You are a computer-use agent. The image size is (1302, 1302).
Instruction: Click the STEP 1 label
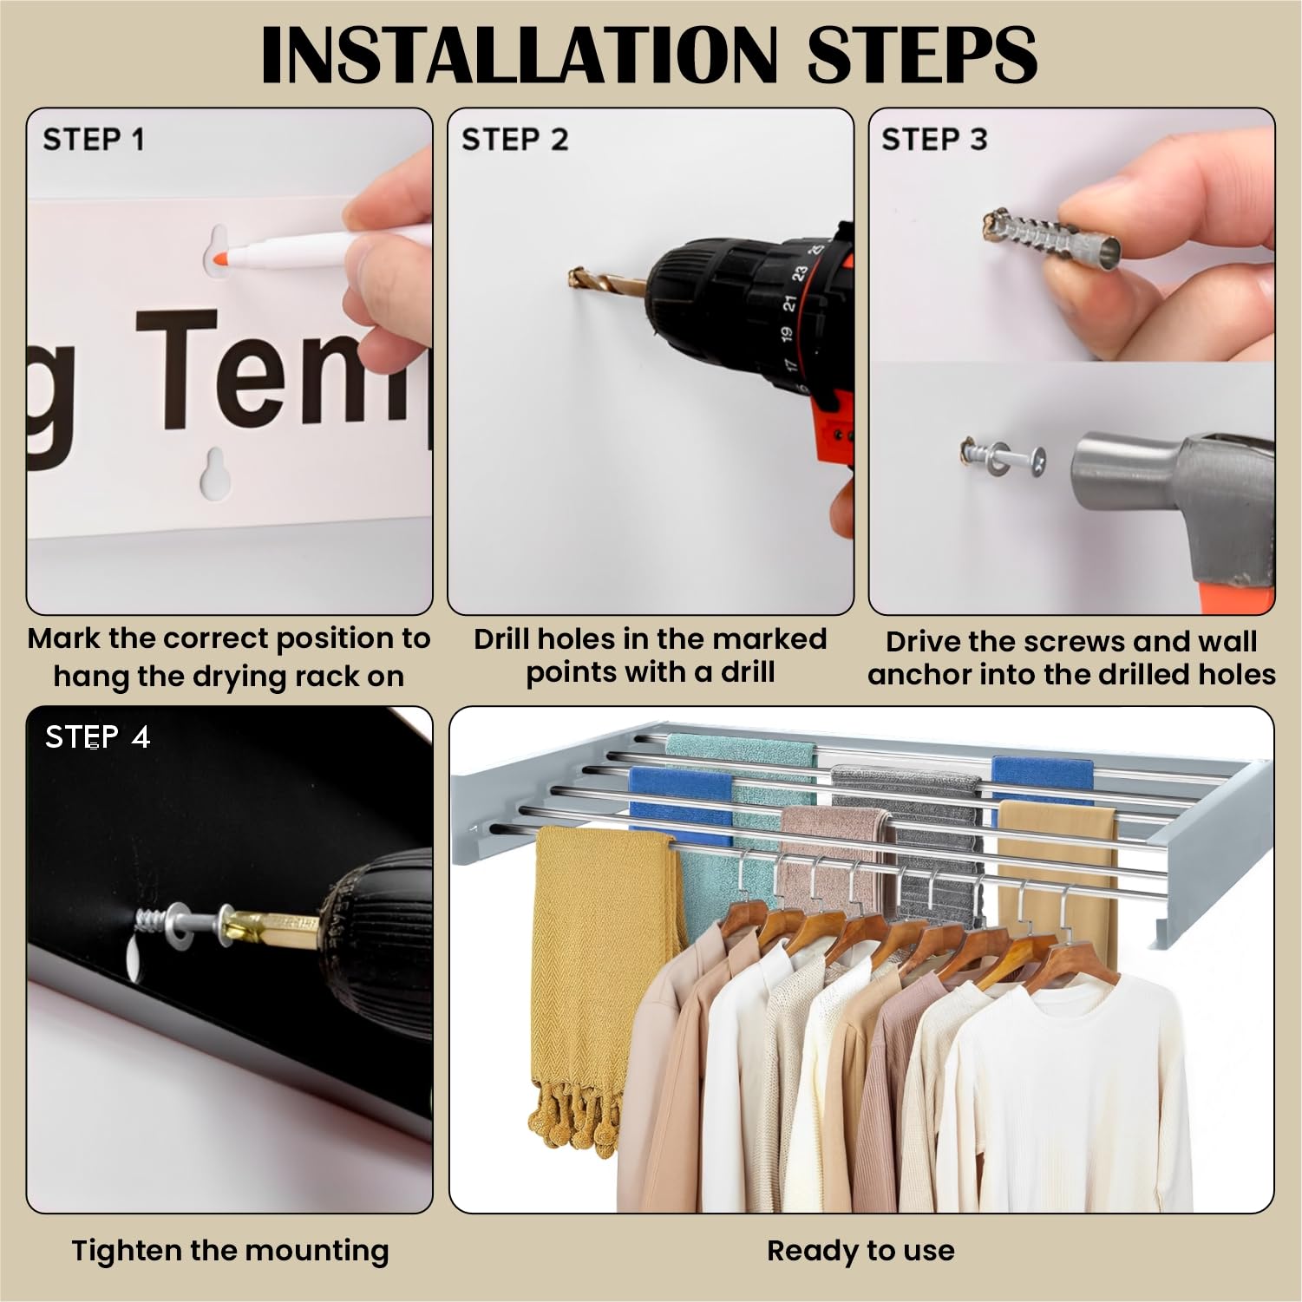[x=94, y=139]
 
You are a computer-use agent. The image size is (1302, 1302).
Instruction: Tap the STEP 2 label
[x=514, y=139]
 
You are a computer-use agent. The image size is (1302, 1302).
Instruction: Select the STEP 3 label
[x=934, y=139]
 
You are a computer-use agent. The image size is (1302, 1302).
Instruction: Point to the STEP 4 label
[x=98, y=737]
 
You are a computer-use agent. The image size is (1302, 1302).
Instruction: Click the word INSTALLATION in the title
[x=519, y=55]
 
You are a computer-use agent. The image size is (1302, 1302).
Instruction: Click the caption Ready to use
[x=860, y=1250]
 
